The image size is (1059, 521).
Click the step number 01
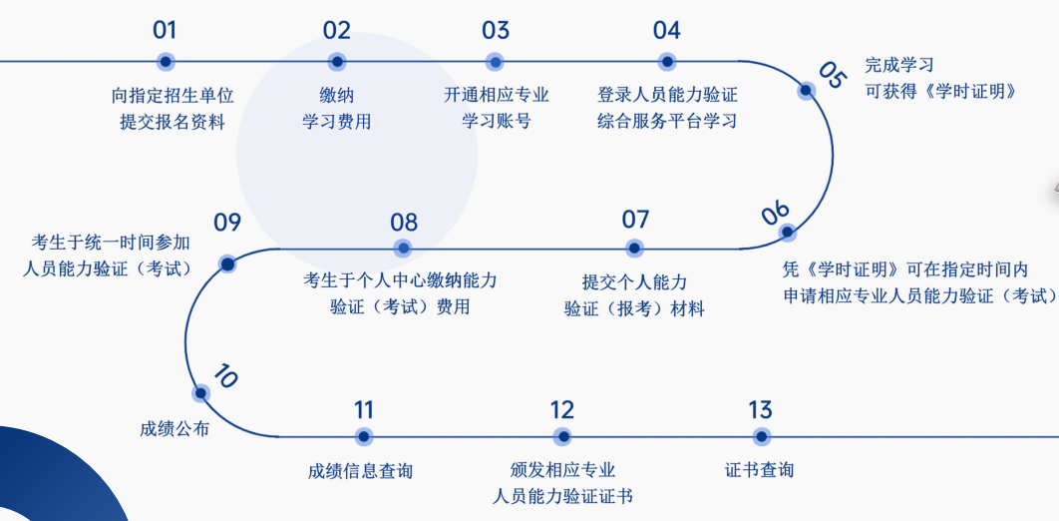click(x=165, y=30)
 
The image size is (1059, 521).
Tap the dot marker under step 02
click(x=337, y=62)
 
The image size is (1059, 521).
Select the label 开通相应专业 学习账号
click(x=496, y=108)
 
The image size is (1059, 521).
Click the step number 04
click(x=666, y=30)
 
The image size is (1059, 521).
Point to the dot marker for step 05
click(x=806, y=90)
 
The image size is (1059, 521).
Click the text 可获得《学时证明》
click(x=940, y=91)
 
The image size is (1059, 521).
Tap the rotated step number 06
click(x=775, y=212)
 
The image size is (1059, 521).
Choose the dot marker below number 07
click(x=634, y=248)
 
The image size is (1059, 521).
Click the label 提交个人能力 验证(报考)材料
click(x=634, y=295)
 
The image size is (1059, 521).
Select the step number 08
click(x=404, y=222)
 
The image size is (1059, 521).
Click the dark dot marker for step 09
click(x=227, y=263)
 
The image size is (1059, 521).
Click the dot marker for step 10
click(x=201, y=393)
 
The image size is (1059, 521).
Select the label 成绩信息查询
click(x=360, y=470)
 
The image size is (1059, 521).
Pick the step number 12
click(x=561, y=409)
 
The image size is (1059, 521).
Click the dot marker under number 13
click(x=761, y=436)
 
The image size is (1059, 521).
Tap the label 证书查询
click(x=760, y=469)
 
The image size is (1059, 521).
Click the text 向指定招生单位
click(x=173, y=96)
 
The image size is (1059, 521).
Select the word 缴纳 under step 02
click(x=337, y=96)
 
